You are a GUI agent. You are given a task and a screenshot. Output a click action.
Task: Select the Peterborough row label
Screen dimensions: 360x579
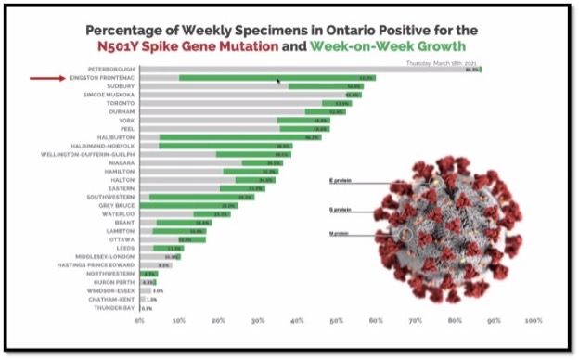pos(109,70)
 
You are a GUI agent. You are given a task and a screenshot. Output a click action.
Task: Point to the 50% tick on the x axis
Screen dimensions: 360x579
pos(337,321)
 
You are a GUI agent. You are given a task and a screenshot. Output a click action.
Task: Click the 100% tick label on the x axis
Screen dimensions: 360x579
pos(533,321)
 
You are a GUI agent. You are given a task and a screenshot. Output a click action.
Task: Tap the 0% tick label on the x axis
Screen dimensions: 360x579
pos(140,321)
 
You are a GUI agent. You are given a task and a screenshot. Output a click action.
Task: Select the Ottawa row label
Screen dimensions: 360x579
pos(120,239)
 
